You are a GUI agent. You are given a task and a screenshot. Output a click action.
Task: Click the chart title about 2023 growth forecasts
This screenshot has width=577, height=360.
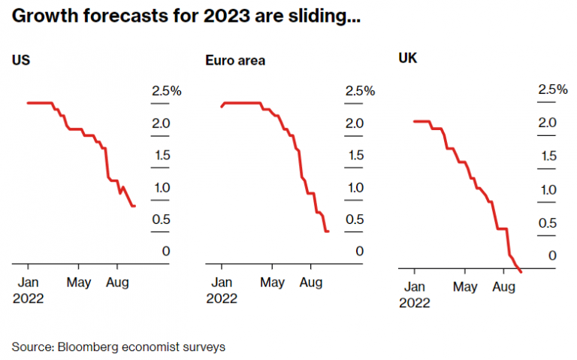click(186, 16)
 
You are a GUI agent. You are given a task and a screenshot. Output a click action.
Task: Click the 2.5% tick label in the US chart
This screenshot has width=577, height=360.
click(166, 91)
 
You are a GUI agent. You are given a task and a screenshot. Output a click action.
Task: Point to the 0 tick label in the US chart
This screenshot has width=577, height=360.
click(165, 251)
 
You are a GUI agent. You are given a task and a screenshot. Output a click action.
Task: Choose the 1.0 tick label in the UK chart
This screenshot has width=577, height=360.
click(548, 189)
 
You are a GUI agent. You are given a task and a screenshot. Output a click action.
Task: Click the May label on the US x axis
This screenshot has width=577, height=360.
click(78, 283)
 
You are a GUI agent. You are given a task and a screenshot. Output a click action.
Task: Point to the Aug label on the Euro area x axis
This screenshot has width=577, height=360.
click(310, 283)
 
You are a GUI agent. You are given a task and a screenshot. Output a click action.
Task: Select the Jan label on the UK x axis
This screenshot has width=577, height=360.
click(414, 287)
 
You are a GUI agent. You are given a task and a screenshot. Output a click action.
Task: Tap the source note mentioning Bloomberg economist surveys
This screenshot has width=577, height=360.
click(118, 347)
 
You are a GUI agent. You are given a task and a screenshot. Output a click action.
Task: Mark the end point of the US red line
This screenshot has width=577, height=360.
click(134, 206)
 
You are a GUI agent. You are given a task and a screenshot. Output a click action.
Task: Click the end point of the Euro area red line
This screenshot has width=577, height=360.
click(328, 231)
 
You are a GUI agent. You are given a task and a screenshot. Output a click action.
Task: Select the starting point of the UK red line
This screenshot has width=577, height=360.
click(414, 121)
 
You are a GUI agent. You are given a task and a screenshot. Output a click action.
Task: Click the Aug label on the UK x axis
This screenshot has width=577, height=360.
click(503, 287)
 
